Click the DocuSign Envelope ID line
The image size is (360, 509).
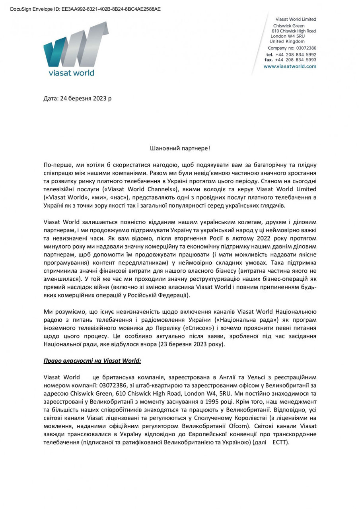tap(86, 9)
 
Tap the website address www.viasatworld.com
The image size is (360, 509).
tap(290, 66)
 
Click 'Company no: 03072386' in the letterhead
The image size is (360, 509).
tap(292, 48)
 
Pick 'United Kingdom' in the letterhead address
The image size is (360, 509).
tap(287, 41)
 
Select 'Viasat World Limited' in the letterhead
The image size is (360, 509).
tap(296, 19)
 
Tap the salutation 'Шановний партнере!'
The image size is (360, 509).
tap(180, 148)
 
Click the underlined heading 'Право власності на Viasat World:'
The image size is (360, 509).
tap(92, 361)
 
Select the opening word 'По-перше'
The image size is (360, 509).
tap(55, 165)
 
